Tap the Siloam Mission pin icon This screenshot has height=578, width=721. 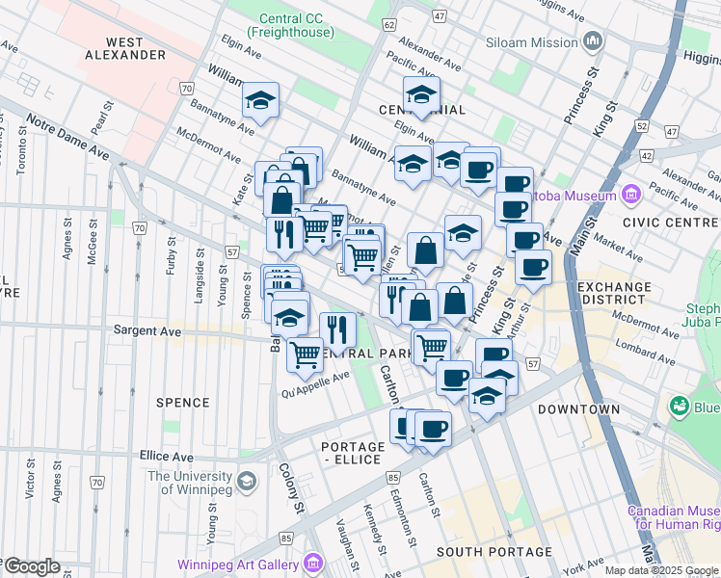(593, 41)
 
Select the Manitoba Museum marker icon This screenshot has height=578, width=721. (632, 196)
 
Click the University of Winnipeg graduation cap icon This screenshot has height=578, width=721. (248, 481)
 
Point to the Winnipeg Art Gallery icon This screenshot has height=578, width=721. (313, 564)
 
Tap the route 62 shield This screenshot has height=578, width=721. (388, 23)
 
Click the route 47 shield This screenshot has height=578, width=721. (439, 17)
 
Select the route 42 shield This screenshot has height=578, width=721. (646, 155)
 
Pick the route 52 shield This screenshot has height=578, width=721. (641, 126)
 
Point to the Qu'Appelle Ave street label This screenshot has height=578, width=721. (316, 385)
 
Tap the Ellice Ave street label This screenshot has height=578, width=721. (166, 457)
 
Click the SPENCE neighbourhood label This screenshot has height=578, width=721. (182, 403)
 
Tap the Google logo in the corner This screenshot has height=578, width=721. (31, 566)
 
